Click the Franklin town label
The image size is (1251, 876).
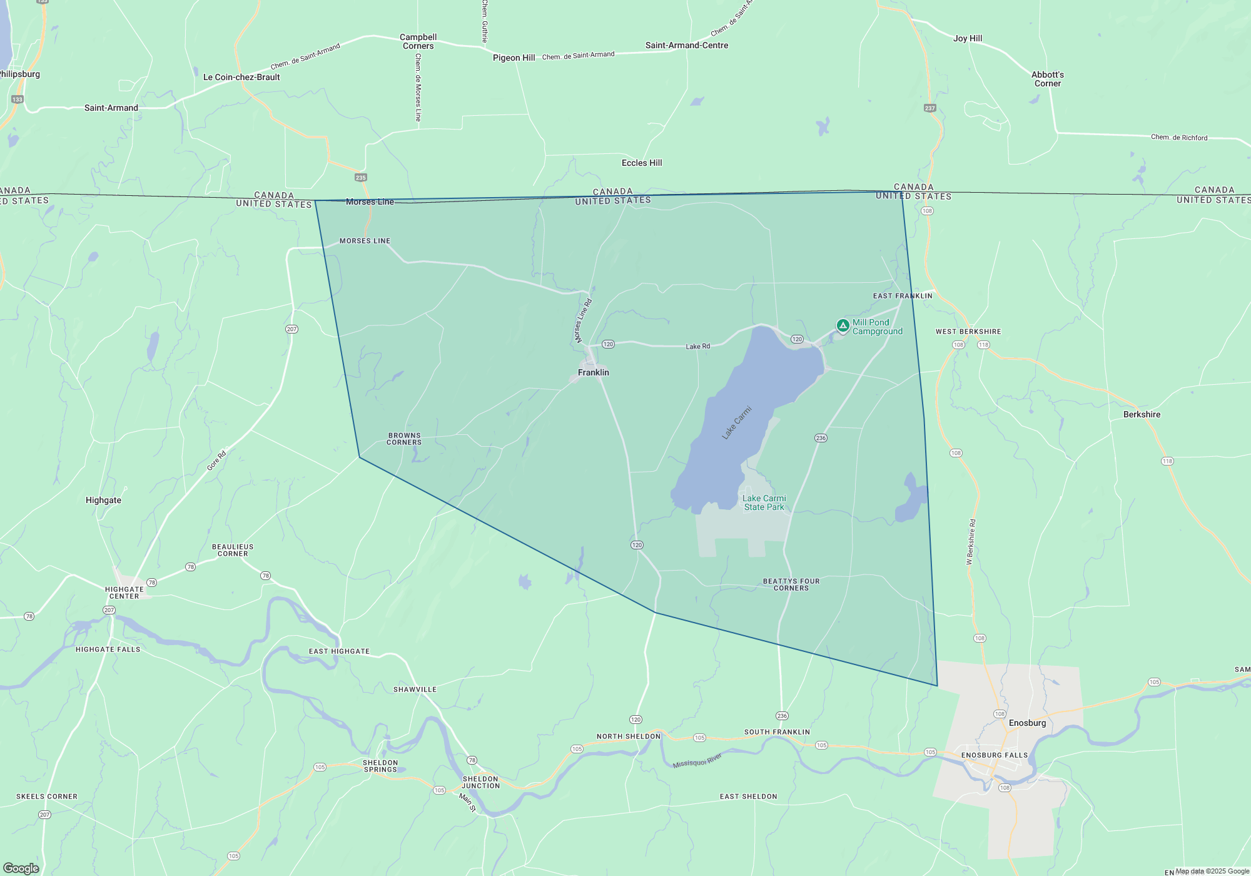coord(593,372)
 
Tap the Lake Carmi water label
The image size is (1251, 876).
coord(737,423)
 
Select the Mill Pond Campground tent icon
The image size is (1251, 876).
coord(843,325)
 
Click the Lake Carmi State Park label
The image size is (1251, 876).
coord(764,503)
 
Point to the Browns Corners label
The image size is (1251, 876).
coord(404,439)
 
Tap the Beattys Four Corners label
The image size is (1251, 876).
coord(791,584)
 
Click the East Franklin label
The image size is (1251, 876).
coord(903,296)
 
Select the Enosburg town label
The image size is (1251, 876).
coord(1027,723)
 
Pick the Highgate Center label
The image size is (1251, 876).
coord(124,593)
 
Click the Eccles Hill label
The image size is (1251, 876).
coord(642,163)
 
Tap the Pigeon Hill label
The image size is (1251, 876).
coord(514,58)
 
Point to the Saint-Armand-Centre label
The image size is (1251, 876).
coord(687,45)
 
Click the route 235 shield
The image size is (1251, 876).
coord(361,178)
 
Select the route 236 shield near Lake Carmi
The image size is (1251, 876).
coord(821,438)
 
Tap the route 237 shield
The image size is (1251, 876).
coord(930,108)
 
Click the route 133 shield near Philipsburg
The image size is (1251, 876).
coord(18,99)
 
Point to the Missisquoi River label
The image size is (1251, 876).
coord(697,761)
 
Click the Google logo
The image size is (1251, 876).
coord(21,868)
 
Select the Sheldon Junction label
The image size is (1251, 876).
coord(481,782)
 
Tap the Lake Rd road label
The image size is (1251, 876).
coord(697,346)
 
